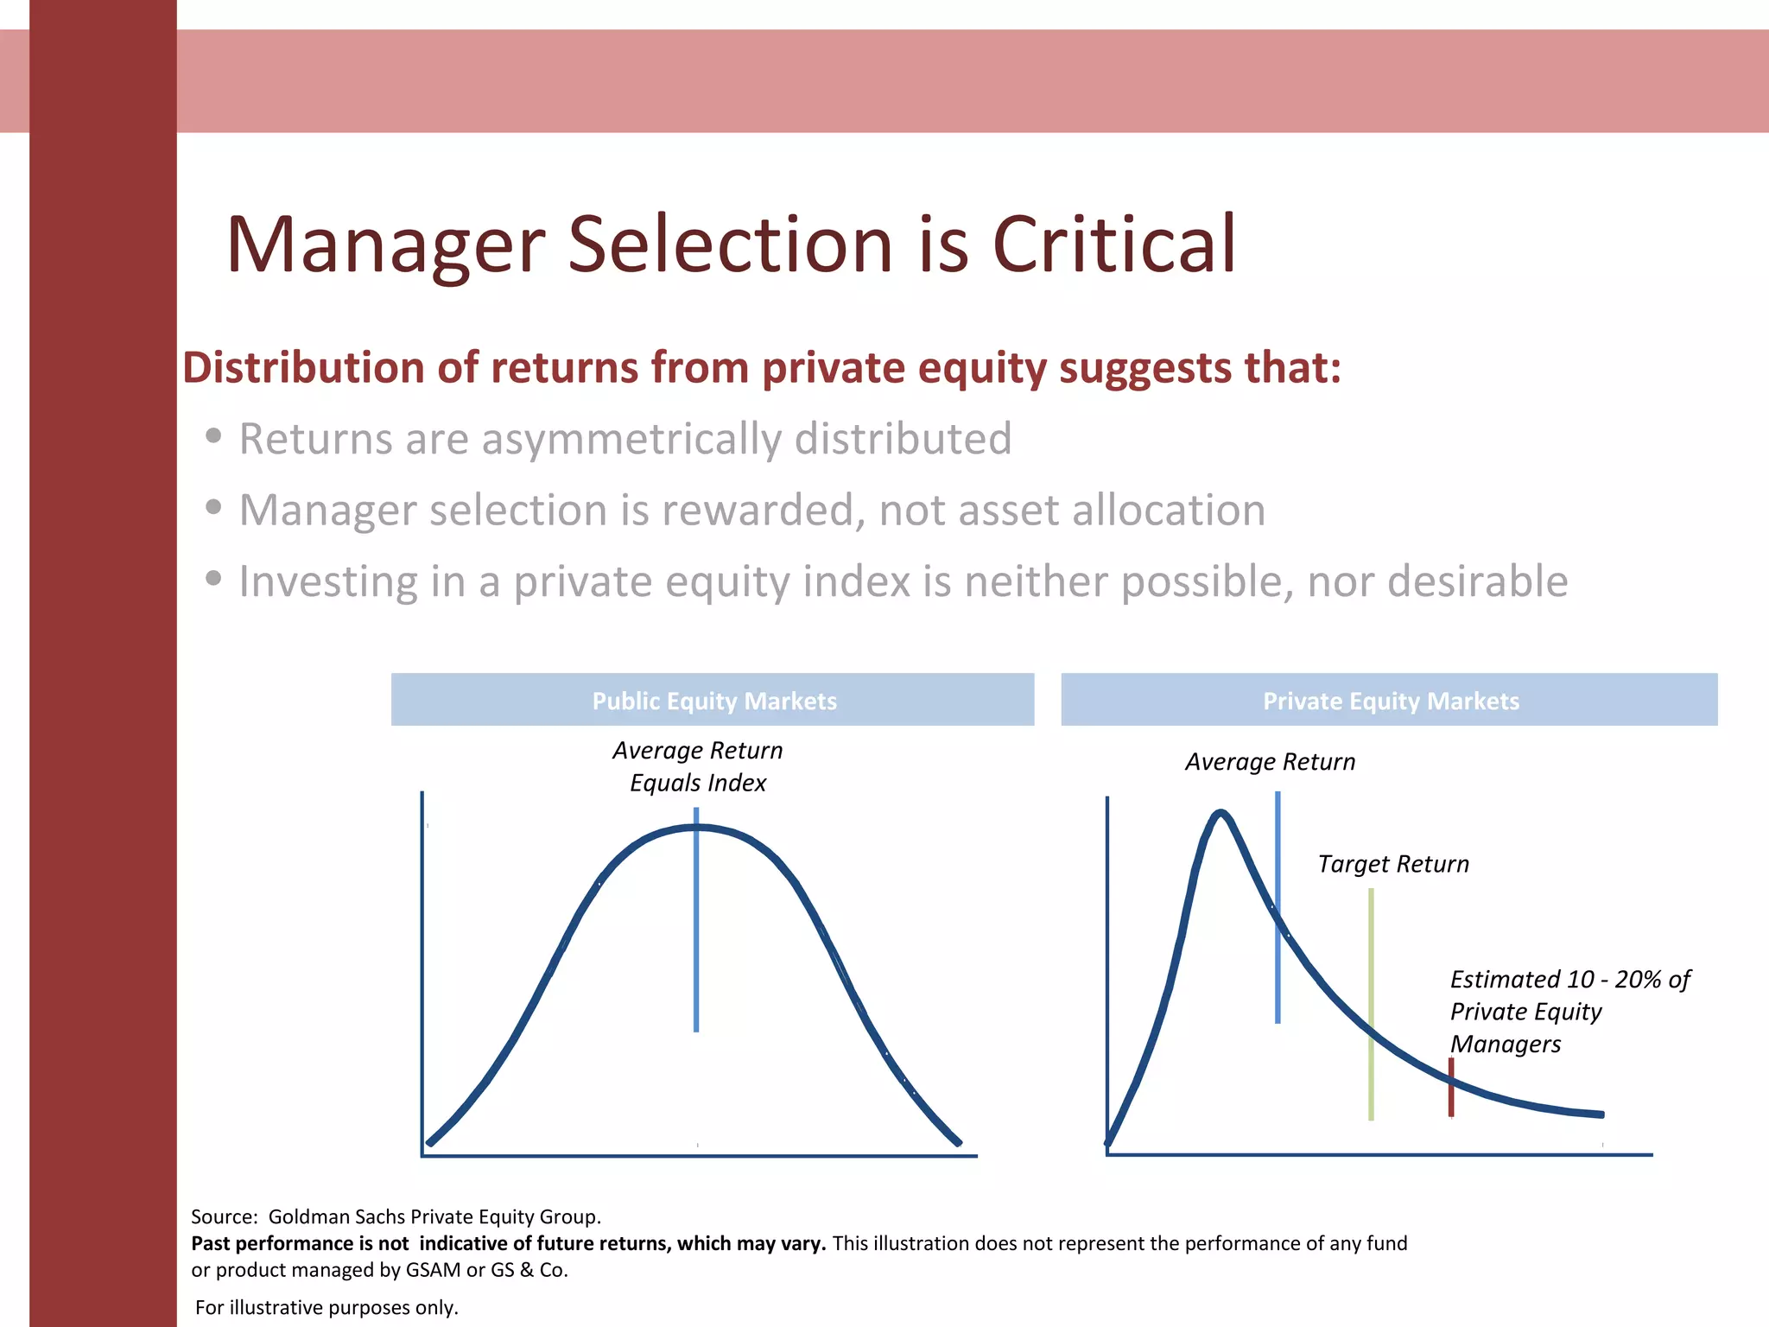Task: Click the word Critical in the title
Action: [x=1114, y=245]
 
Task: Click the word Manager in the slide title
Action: [x=385, y=245]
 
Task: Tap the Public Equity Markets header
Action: [x=713, y=701]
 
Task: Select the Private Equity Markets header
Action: [x=1390, y=701]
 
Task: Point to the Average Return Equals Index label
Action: [x=698, y=766]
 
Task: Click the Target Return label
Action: [x=1392, y=864]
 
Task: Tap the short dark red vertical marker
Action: [x=1451, y=1087]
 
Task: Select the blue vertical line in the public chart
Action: [x=696, y=950]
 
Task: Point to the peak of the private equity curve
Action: [x=1221, y=813]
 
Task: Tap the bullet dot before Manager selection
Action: [x=213, y=507]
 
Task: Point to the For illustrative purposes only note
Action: [x=327, y=1307]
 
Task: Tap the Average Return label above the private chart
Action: [x=1270, y=762]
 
